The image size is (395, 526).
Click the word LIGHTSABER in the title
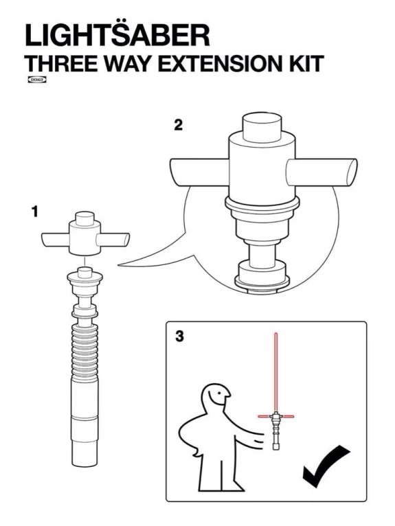click(x=117, y=34)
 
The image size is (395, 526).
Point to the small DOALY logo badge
click(x=35, y=80)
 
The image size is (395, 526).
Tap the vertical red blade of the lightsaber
click(x=275, y=371)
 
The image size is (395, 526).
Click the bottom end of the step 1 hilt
click(x=84, y=457)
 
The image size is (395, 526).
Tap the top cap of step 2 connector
click(x=260, y=126)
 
